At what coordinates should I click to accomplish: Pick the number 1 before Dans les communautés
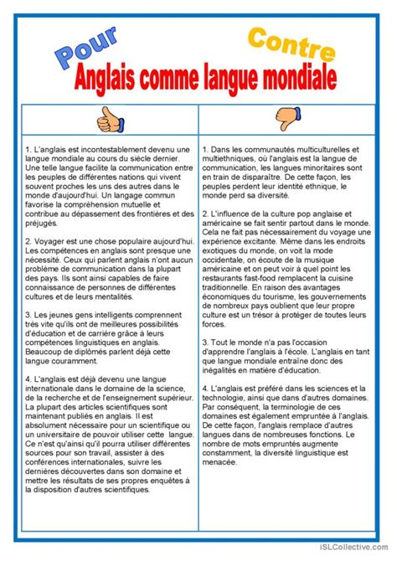point(204,149)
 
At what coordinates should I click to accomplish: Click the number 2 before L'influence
point(204,215)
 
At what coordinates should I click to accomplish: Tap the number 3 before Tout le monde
point(204,342)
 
